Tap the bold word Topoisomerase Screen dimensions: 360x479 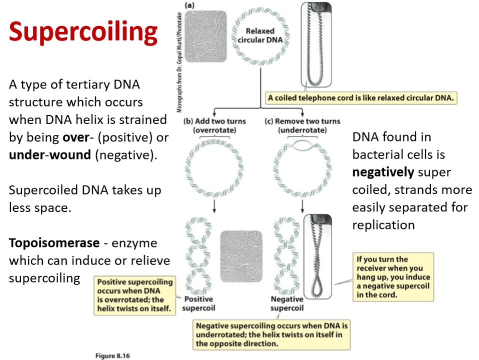(x=54, y=243)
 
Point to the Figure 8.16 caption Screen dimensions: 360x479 (x=112, y=355)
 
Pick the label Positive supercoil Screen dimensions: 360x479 (x=198, y=303)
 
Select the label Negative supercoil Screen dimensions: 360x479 (x=287, y=303)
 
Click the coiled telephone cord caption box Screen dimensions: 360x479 (x=360, y=98)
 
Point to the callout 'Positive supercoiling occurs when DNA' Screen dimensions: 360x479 (x=135, y=295)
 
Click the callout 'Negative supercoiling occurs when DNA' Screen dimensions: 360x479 (x=272, y=334)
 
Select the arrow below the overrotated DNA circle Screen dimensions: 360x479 (x=214, y=206)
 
